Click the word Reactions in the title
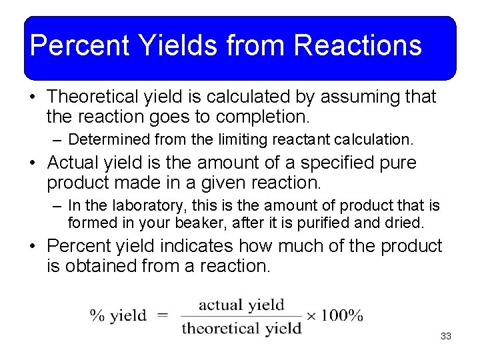357,45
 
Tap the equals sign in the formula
163,316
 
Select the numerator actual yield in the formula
241,305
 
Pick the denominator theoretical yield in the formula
241,328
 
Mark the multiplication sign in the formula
311,316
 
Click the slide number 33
446,337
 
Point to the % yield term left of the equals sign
118,316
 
